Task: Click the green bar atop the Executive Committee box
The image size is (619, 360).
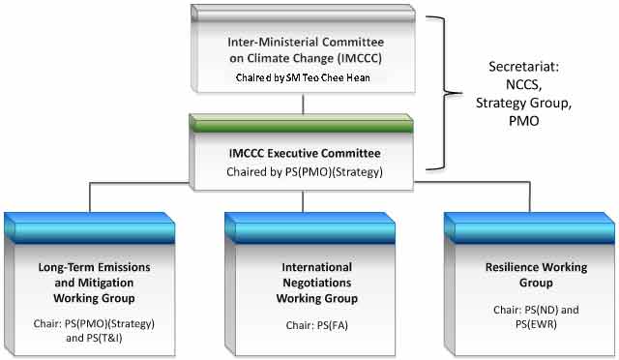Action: coord(303,124)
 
